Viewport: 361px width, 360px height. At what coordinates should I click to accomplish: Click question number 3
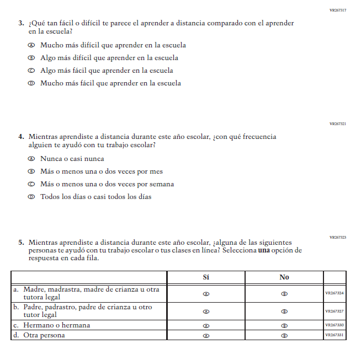(21, 23)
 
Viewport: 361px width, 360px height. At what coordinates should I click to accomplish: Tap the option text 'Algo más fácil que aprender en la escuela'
(107, 71)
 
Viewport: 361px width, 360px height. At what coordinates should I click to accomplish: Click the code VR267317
(337, 10)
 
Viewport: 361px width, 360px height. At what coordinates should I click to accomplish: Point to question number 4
(21, 137)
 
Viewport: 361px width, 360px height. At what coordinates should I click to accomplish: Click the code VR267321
(337, 124)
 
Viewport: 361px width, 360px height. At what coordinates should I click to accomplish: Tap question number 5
(21, 242)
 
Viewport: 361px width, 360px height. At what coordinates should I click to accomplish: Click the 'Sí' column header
(206, 277)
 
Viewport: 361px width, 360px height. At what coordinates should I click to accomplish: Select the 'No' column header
(284, 277)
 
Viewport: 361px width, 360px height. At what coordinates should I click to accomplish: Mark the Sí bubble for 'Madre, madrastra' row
(206, 294)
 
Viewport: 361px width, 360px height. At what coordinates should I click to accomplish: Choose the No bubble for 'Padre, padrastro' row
(284, 311)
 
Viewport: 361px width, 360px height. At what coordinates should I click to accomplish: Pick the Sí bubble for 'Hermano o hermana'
(206, 325)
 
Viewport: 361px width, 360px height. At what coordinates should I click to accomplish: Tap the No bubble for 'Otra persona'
(284, 335)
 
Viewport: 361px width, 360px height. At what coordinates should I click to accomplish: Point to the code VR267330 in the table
(335, 325)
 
